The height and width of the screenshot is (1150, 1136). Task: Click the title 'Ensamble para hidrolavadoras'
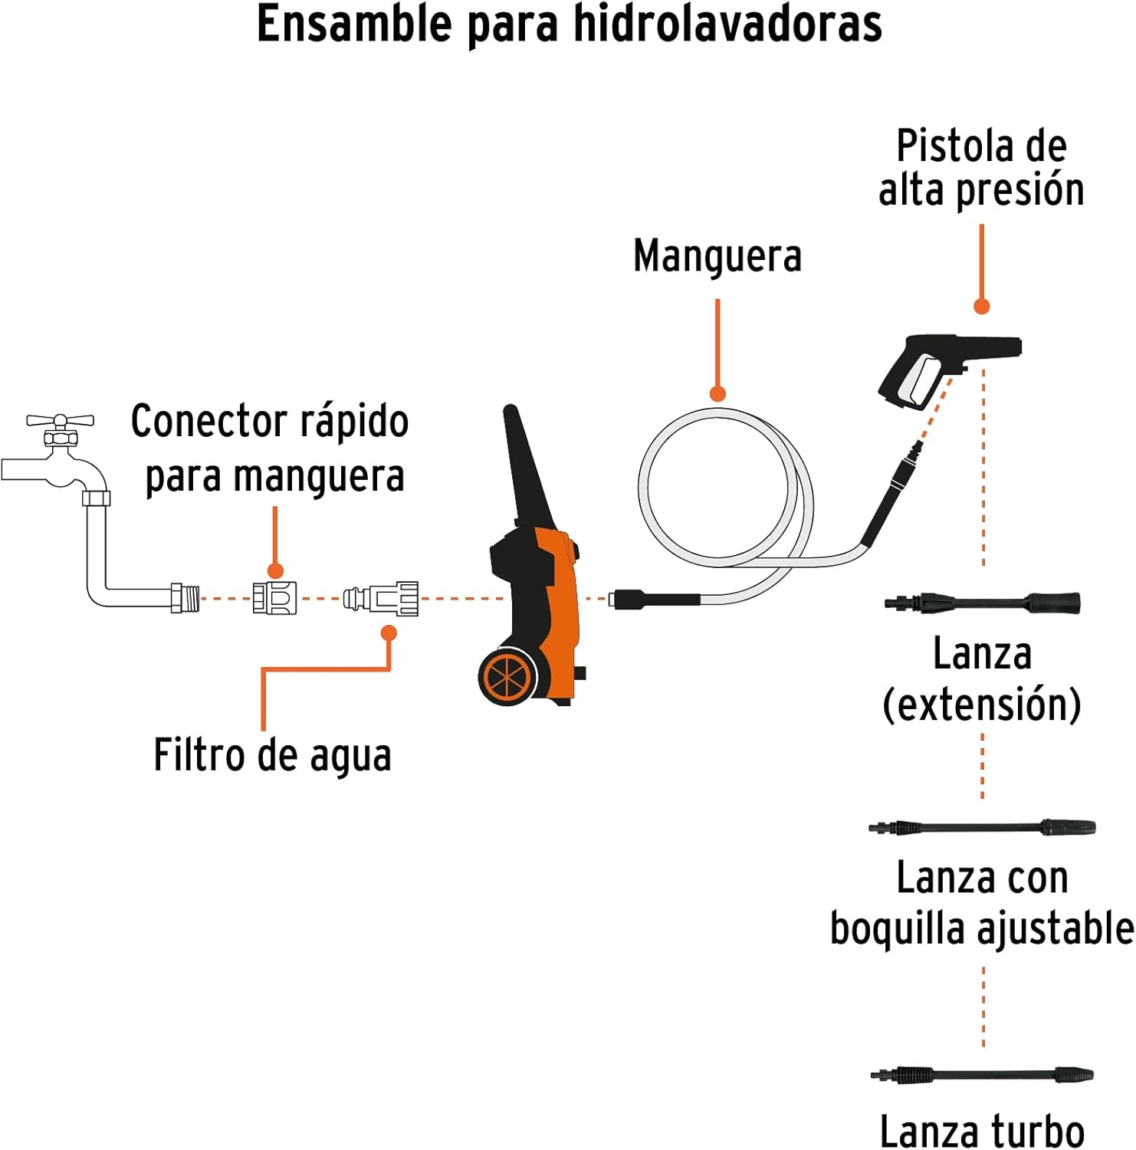tap(569, 25)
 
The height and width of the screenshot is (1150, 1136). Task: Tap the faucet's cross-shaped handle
tap(60, 420)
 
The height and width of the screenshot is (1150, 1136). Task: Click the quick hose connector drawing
tap(274, 598)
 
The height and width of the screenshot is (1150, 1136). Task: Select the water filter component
tap(381, 598)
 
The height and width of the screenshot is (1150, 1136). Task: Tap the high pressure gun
tap(947, 368)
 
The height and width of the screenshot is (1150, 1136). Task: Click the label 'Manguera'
tap(717, 255)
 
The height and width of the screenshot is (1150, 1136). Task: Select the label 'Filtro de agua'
tap(273, 755)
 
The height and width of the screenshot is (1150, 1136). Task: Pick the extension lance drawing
tap(983, 603)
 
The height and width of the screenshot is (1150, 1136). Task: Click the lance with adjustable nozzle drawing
tap(982, 828)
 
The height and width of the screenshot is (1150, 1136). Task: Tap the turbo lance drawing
tap(982, 1075)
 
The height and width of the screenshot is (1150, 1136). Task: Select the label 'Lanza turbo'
tap(982, 1131)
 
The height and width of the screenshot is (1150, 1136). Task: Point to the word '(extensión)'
tap(982, 705)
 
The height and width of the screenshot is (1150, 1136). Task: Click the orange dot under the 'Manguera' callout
tap(717, 394)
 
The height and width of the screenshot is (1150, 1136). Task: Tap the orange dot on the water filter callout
tap(389, 633)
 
